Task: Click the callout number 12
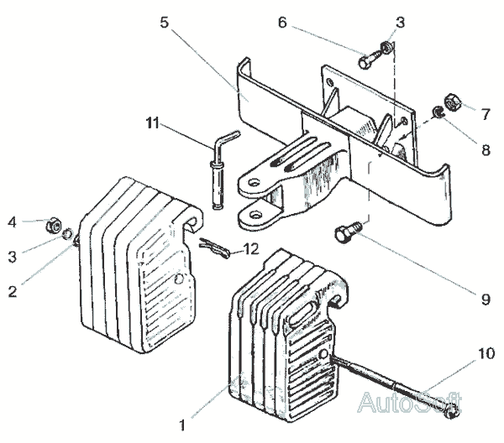[249, 248]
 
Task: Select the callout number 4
[13, 221]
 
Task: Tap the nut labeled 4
[50, 225]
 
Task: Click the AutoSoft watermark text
[410, 401]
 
